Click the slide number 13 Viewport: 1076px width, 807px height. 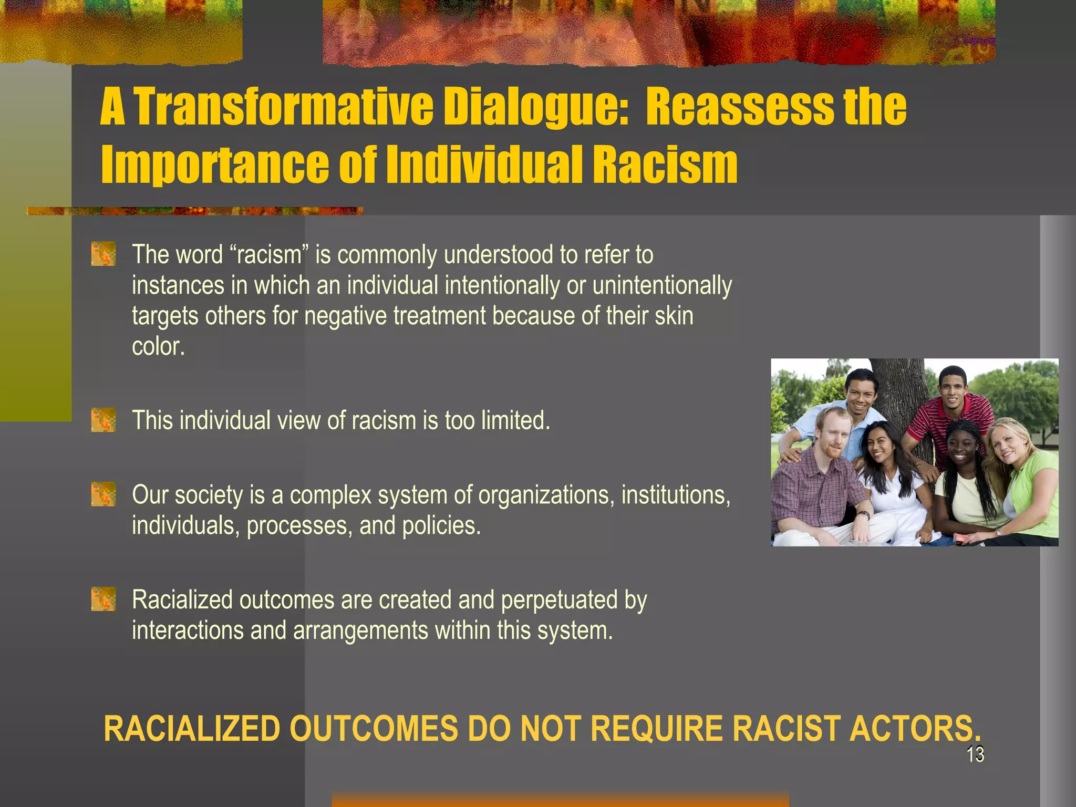[975, 754]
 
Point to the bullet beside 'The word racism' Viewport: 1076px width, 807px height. [104, 254]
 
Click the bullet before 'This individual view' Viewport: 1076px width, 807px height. [104, 420]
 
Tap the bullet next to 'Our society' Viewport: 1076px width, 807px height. [104, 494]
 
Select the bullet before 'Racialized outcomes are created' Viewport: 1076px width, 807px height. [104, 599]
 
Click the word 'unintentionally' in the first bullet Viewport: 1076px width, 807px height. [662, 285]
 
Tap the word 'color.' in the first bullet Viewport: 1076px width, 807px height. [158, 346]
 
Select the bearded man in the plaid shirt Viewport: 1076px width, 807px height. [820, 483]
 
